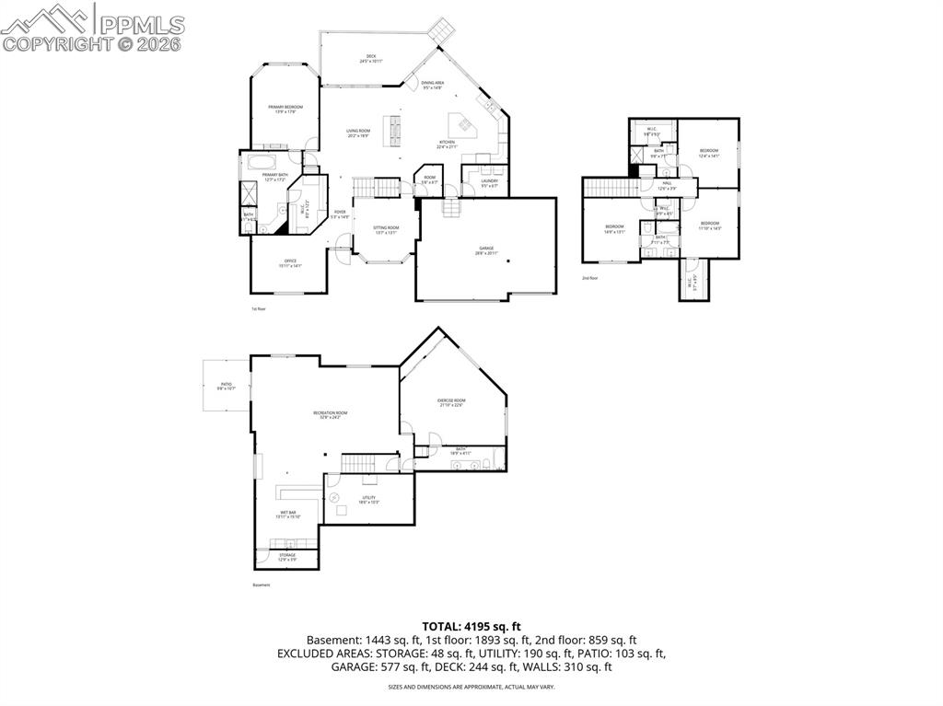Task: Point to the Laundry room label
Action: click(x=489, y=182)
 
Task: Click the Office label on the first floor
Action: click(x=290, y=263)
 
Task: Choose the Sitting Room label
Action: click(x=386, y=229)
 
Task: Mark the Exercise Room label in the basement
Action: click(x=451, y=402)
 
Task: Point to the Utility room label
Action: click(x=368, y=499)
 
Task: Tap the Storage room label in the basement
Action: click(x=288, y=558)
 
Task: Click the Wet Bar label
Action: click(x=288, y=515)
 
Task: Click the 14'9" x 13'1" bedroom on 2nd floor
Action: click(x=614, y=228)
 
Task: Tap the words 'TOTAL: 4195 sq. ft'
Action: click(x=471, y=626)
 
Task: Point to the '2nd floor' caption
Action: click(x=590, y=277)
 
